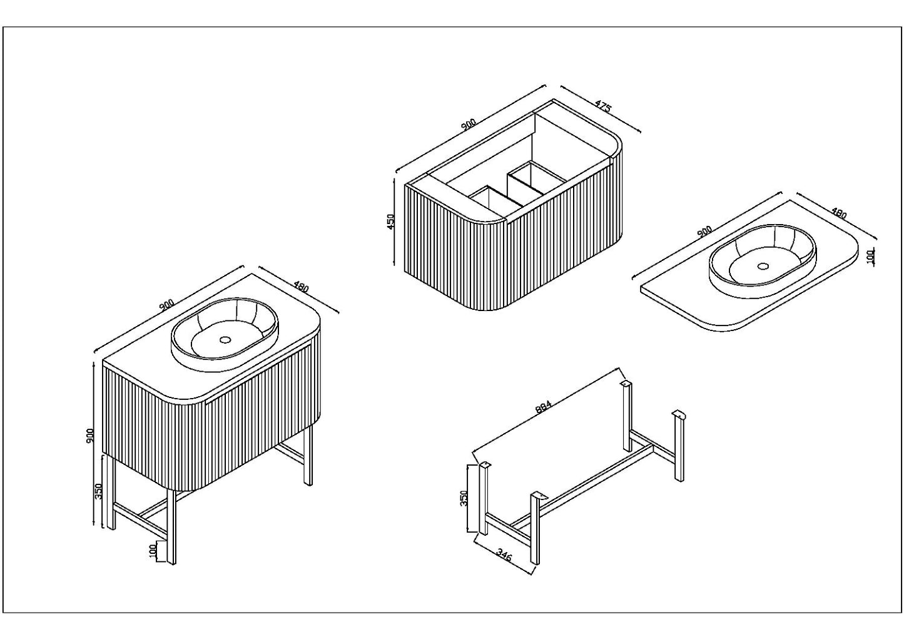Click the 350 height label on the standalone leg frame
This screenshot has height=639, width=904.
click(x=464, y=499)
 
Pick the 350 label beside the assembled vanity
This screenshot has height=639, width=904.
click(x=98, y=491)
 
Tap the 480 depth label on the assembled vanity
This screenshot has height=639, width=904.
click(x=301, y=288)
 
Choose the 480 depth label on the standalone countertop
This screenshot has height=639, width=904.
click(x=838, y=213)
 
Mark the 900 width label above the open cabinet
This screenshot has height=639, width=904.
click(x=469, y=125)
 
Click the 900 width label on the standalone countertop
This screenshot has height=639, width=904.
click(x=704, y=232)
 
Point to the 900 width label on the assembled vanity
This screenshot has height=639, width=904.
click(x=166, y=305)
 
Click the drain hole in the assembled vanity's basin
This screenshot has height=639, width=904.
click(x=224, y=342)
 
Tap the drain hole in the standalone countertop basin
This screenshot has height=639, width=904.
click(x=762, y=265)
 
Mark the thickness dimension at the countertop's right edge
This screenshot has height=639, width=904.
click(x=870, y=257)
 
